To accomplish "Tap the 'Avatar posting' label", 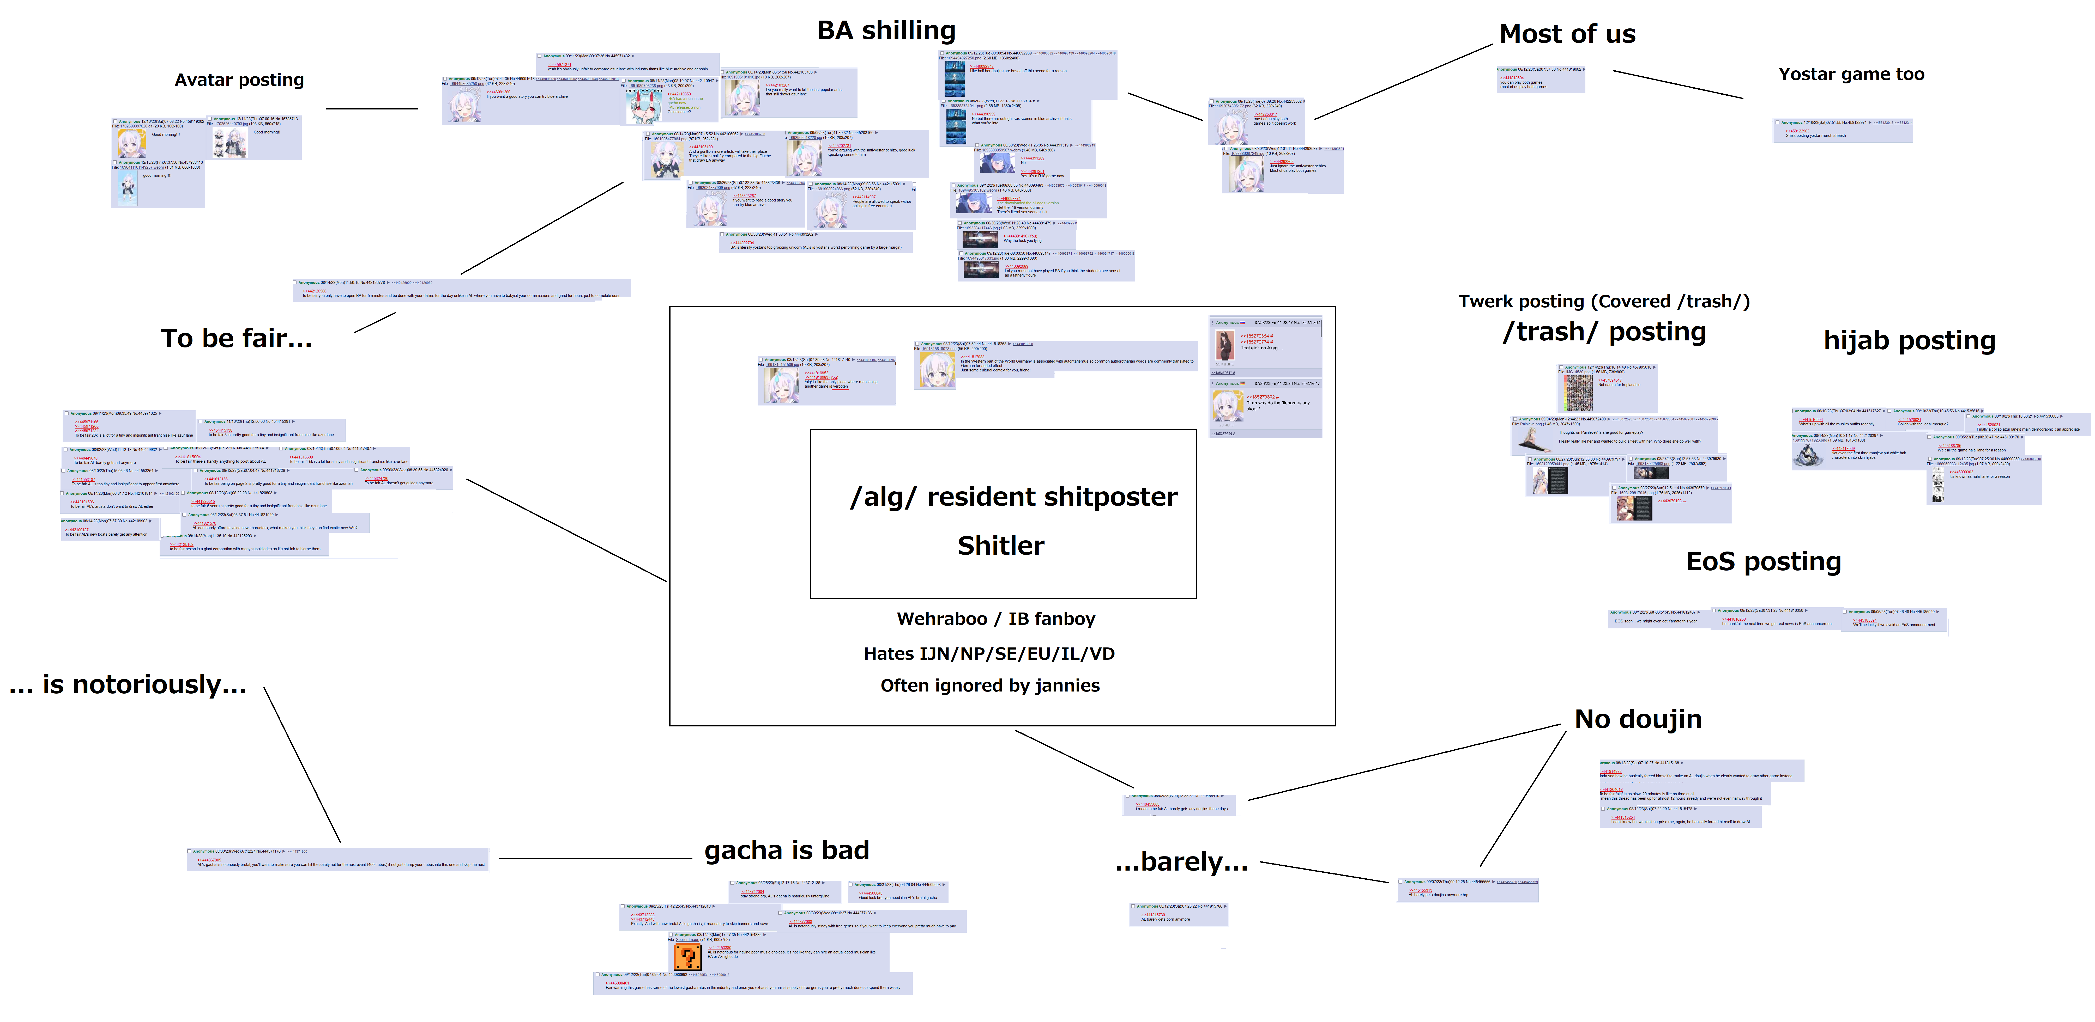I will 239,80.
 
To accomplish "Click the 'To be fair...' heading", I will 236,338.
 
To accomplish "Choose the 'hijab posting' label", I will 1909,341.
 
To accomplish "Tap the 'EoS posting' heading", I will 1763,562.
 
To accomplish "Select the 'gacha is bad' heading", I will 786,850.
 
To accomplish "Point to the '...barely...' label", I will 1181,862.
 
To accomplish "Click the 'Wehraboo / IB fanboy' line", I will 995,619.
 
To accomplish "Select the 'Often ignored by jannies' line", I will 990,686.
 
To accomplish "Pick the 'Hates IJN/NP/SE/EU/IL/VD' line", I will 989,654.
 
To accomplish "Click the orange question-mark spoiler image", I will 687,956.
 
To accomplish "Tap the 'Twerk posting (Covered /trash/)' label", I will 1604,302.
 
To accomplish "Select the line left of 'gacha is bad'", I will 595,859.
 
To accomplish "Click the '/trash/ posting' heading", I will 1604,333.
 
